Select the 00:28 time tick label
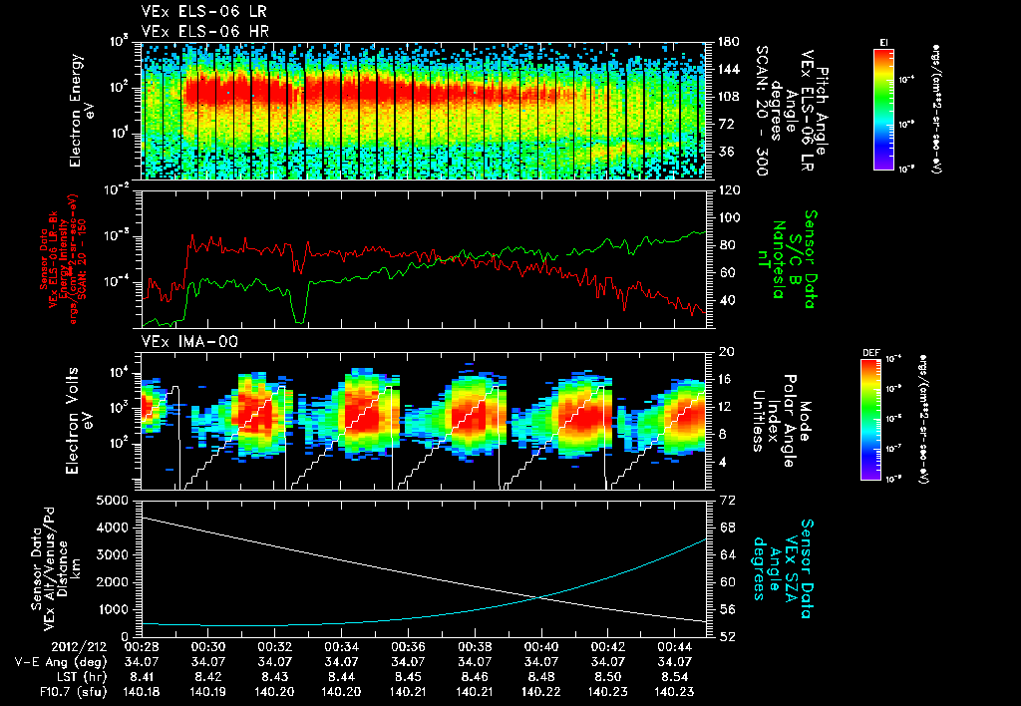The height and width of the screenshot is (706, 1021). tap(142, 646)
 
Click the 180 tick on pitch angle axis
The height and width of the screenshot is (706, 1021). tap(725, 41)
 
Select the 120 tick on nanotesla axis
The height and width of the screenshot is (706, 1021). tap(725, 189)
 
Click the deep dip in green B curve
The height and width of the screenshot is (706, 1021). tap(299, 317)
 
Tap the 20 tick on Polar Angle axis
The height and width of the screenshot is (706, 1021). tap(725, 352)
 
